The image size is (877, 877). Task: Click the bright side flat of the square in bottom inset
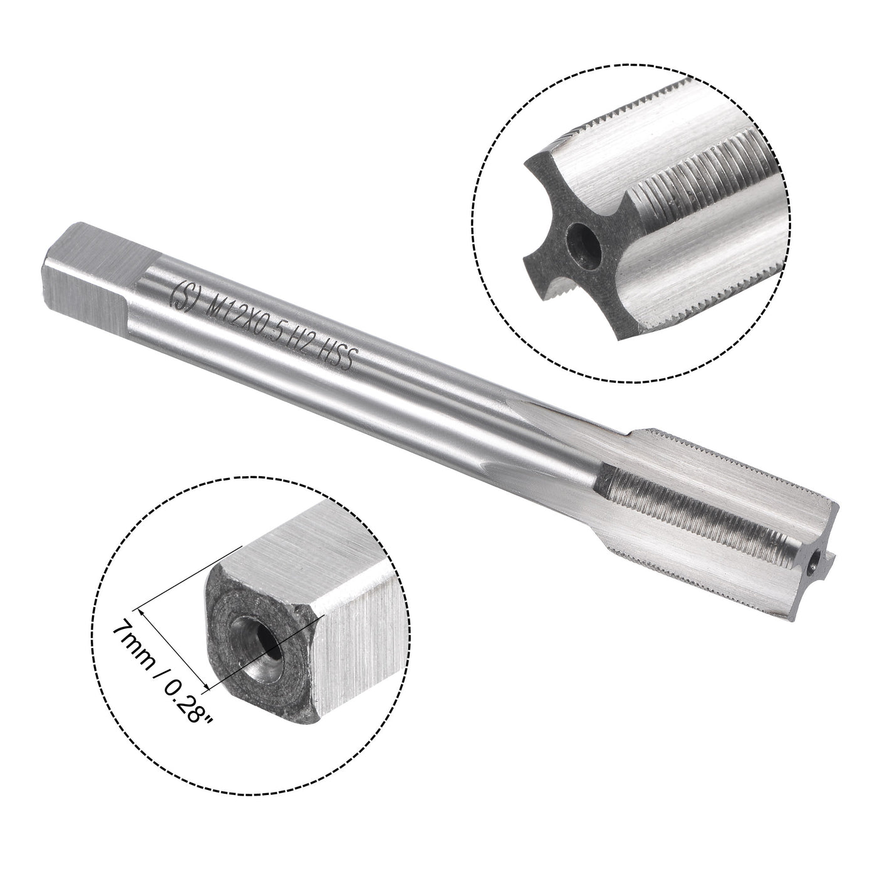point(357,664)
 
